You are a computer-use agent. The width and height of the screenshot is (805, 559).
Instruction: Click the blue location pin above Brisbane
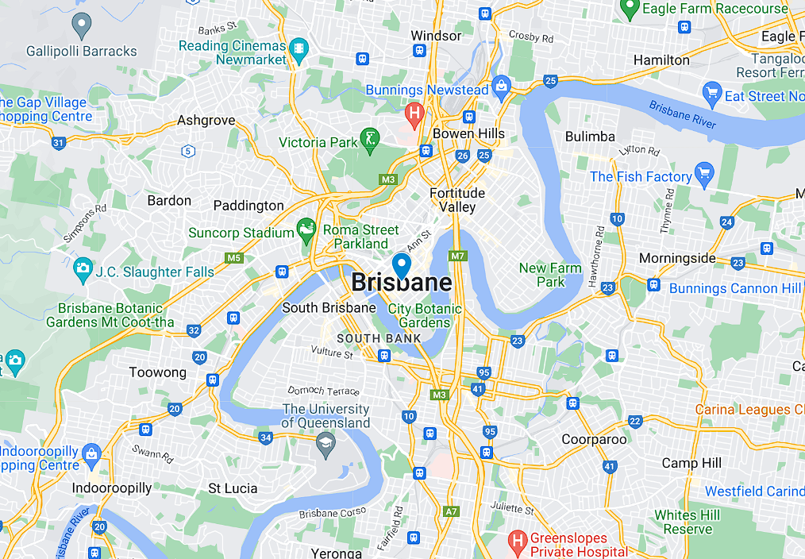[402, 265]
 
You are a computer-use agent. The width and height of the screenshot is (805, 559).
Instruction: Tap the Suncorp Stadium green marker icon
[306, 231]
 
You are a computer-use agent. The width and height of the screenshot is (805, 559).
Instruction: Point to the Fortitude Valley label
[457, 200]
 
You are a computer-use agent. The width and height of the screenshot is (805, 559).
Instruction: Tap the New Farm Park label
[550, 275]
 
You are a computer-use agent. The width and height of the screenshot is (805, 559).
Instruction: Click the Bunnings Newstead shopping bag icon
[501, 85]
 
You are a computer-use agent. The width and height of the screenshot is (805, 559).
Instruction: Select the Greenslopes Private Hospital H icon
[518, 543]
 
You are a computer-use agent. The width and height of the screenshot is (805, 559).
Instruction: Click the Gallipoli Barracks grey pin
[81, 25]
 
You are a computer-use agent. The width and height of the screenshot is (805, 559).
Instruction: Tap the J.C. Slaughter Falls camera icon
[82, 270]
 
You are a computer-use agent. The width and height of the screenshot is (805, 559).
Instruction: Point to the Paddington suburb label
[248, 206]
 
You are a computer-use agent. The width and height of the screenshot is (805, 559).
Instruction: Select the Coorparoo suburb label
[594, 439]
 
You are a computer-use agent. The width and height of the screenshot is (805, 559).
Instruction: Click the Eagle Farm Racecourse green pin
[630, 9]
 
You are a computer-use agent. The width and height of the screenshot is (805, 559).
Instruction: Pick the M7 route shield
[456, 256]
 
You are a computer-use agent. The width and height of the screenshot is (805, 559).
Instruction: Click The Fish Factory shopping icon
[703, 174]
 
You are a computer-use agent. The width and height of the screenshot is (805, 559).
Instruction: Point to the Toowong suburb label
[158, 372]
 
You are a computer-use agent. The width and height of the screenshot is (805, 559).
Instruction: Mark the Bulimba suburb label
[590, 137]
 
